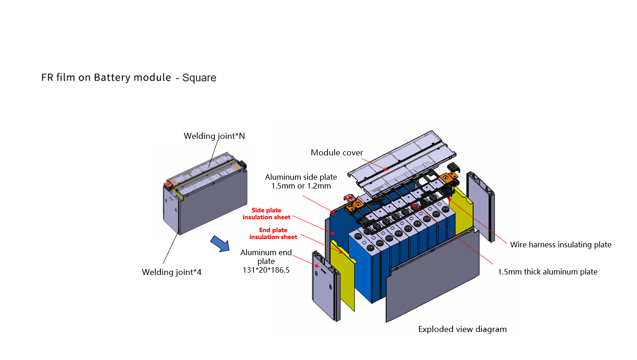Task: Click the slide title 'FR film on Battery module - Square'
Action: point(129,77)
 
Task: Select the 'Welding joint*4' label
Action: point(172,272)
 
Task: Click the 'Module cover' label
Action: point(337,153)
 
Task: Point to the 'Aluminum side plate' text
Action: point(301,177)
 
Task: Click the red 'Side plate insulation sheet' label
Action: point(267,214)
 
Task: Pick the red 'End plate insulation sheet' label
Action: point(273,234)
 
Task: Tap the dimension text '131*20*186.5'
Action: point(266,270)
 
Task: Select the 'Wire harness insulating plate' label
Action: point(561,245)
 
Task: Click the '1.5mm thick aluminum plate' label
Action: point(547,272)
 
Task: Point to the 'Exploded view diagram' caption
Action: point(462,329)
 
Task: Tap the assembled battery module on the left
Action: point(207,198)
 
